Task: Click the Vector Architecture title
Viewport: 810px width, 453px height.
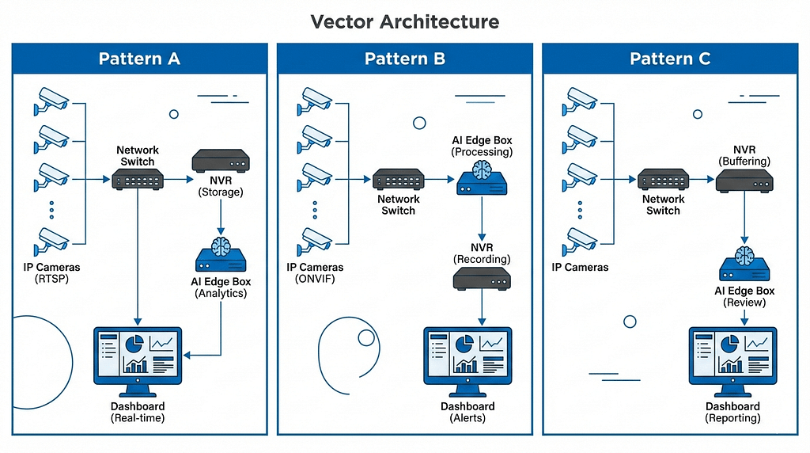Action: click(x=404, y=21)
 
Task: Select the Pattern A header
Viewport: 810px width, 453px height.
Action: click(x=139, y=59)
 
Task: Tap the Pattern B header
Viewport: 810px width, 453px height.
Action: click(x=405, y=59)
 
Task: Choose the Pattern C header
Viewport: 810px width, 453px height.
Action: click(x=670, y=59)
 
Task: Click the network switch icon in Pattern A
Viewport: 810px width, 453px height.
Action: click(x=138, y=180)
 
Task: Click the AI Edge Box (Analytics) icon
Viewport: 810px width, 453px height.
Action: click(x=221, y=257)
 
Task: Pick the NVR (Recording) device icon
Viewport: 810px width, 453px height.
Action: click(x=482, y=278)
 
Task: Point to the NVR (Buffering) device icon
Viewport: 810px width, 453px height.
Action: click(x=744, y=180)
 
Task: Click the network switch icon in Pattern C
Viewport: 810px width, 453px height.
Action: click(x=663, y=179)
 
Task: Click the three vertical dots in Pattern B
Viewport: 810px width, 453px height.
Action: click(x=315, y=210)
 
